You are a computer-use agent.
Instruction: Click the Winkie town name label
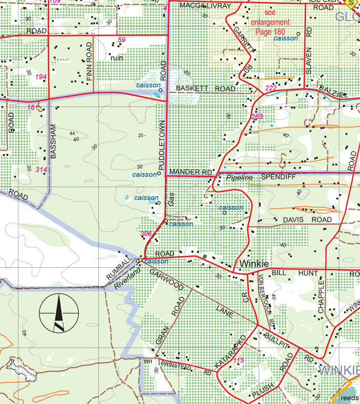[254, 264]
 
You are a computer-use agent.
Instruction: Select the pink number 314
[41, 169]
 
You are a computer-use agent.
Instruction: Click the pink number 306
[146, 234]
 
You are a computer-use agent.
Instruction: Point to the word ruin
[117, 58]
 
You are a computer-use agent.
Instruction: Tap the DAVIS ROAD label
[307, 219]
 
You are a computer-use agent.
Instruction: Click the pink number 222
[271, 87]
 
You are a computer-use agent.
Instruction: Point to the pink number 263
[257, 117]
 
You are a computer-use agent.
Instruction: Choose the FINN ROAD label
[89, 62]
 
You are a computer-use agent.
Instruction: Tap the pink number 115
[239, 360]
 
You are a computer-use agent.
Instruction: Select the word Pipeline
[239, 178]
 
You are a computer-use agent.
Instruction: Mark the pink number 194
[41, 77]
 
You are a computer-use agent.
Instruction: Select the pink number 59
[122, 40]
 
